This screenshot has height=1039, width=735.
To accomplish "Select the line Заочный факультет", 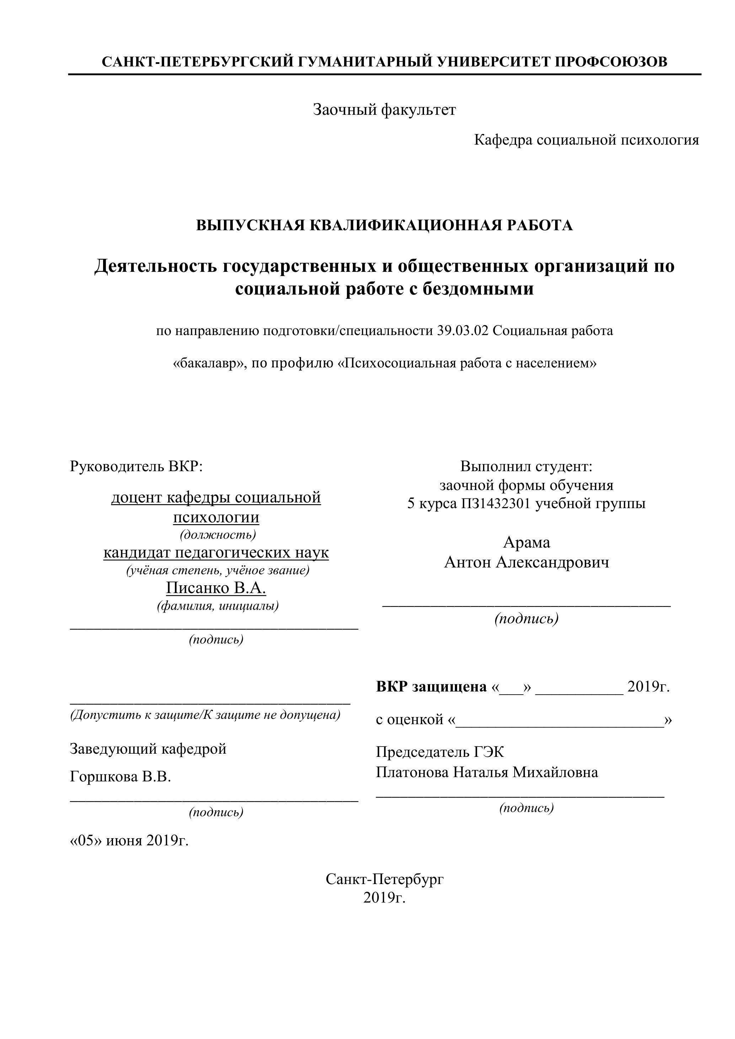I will [x=384, y=109].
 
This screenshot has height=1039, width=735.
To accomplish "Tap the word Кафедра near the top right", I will [x=503, y=140].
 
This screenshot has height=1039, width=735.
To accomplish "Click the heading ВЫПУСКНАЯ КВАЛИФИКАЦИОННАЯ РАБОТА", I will [x=384, y=225].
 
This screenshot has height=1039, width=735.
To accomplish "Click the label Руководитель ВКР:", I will [x=136, y=466].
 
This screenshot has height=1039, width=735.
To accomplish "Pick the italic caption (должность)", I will [x=218, y=535].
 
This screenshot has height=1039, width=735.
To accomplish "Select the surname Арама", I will [x=526, y=543].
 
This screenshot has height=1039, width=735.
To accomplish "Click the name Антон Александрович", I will [x=526, y=562].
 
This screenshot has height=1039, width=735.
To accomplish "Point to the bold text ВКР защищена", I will [x=431, y=687].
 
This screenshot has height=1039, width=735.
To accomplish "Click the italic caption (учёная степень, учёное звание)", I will [x=218, y=571].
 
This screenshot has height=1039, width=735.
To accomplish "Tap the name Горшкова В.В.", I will [x=120, y=777].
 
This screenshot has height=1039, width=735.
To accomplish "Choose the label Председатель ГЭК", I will [x=439, y=752].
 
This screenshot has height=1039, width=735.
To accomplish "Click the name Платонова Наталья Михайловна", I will [x=487, y=772].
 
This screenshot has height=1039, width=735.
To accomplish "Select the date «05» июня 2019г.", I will [x=129, y=841].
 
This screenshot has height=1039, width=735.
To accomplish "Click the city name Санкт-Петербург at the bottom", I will [x=384, y=879].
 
